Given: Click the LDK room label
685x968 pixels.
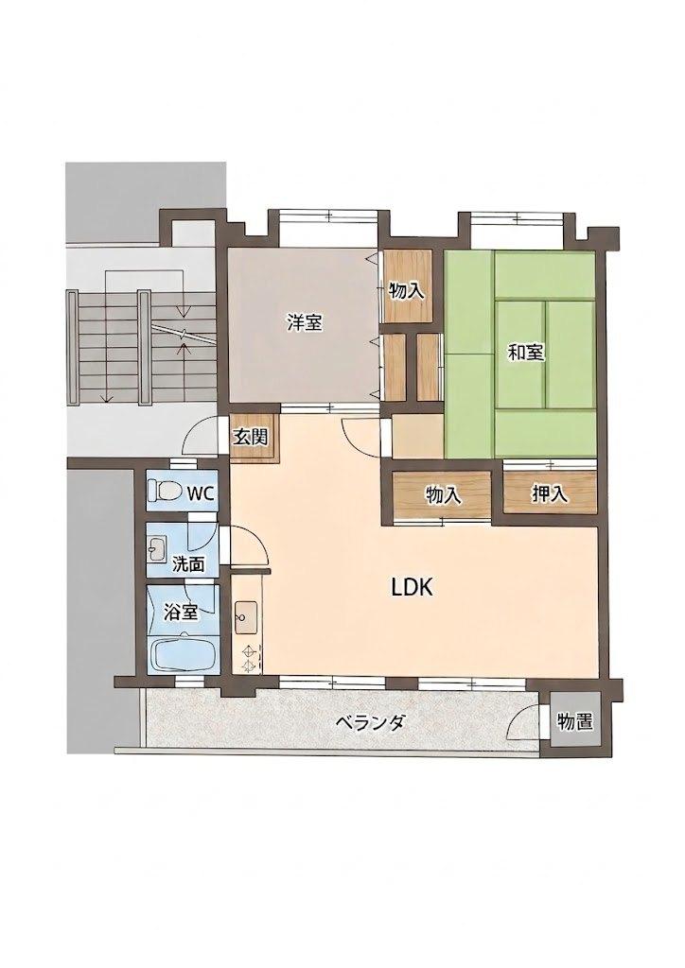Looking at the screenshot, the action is [412, 587].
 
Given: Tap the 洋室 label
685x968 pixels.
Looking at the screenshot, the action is [305, 321].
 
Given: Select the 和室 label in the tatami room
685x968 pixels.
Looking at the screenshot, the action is [526, 353].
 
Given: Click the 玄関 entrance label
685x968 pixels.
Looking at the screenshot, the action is [250, 437].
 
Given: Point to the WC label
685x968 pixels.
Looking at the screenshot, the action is [201, 493].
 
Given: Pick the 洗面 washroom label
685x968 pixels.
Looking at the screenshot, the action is [187, 563].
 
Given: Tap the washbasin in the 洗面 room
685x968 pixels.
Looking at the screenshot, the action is [158, 548].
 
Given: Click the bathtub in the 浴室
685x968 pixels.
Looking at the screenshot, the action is [184, 655].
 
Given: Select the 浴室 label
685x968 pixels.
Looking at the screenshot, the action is [181, 613].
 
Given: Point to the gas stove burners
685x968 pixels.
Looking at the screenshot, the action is [249, 657].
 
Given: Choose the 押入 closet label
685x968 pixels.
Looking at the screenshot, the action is [550, 493].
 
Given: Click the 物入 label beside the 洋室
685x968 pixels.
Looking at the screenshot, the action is [407, 290].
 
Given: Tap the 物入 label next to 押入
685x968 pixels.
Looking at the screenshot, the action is [444, 494].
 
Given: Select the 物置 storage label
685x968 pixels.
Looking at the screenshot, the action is [574, 720].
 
